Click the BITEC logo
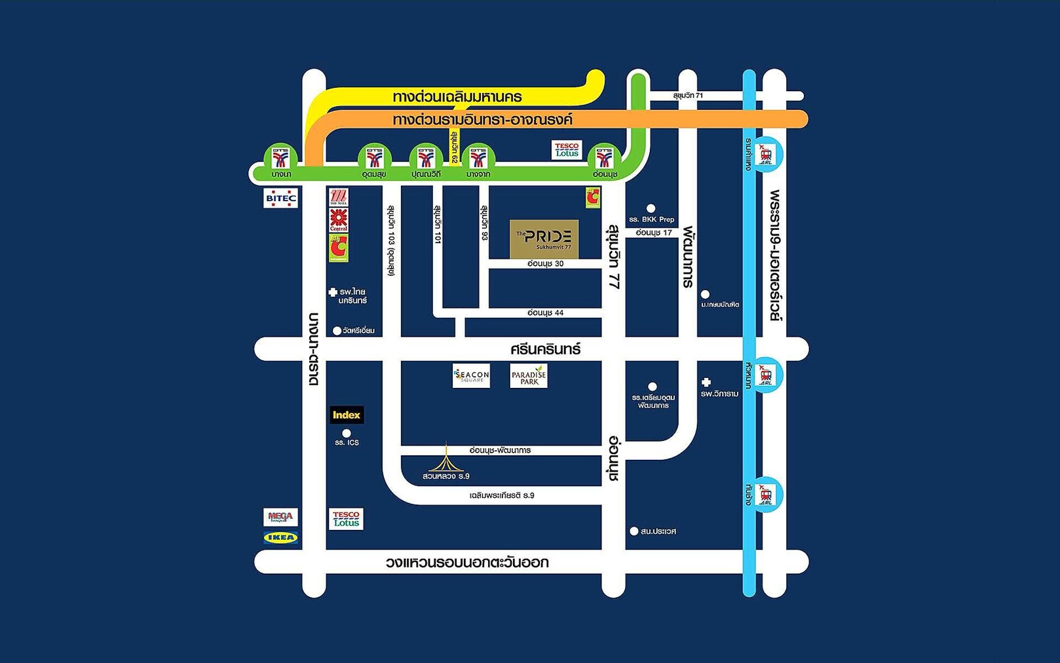tap(280, 198)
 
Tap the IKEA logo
tap(280, 538)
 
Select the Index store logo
tap(347, 415)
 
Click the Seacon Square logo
tap(471, 375)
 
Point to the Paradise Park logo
tap(529, 376)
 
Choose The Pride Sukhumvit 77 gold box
tap(544, 239)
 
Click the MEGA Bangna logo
tap(280, 517)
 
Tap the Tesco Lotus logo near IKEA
tap(346, 519)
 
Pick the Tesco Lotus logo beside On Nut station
tap(567, 150)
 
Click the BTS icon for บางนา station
tap(281, 158)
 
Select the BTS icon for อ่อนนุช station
tap(604, 158)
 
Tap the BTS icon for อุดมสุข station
tap(374, 158)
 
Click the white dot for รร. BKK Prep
tap(651, 208)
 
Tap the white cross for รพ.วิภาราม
tap(706, 383)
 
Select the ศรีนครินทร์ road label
tap(545, 349)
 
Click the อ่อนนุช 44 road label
tap(545, 313)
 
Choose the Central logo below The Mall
tap(339, 220)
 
